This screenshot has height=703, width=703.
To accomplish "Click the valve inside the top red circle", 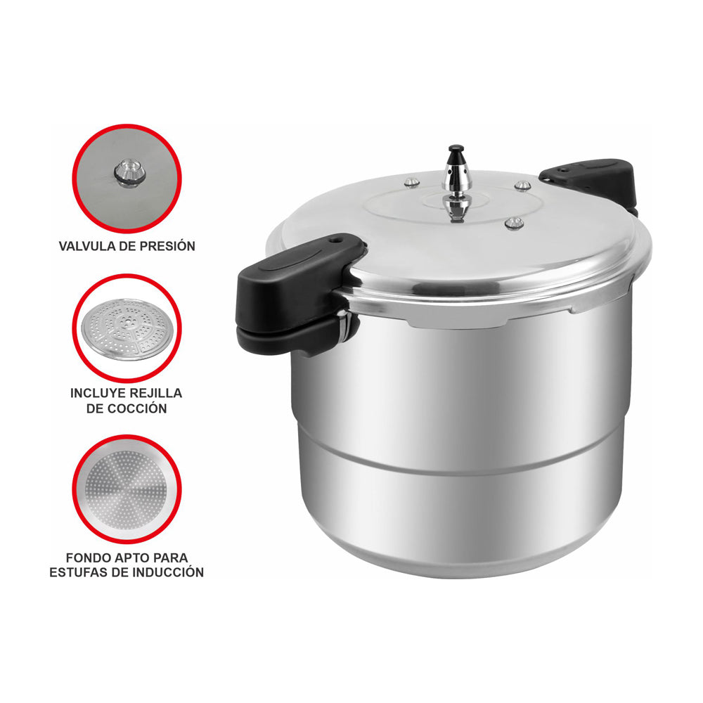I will click(x=129, y=172).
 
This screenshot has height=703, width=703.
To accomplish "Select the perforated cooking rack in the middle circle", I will click(x=127, y=329).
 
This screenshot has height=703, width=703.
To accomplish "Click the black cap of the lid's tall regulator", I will click(x=457, y=152).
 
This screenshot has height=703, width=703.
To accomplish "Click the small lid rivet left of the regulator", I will click(x=412, y=183).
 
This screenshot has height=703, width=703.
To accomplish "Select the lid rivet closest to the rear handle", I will click(x=522, y=186).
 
